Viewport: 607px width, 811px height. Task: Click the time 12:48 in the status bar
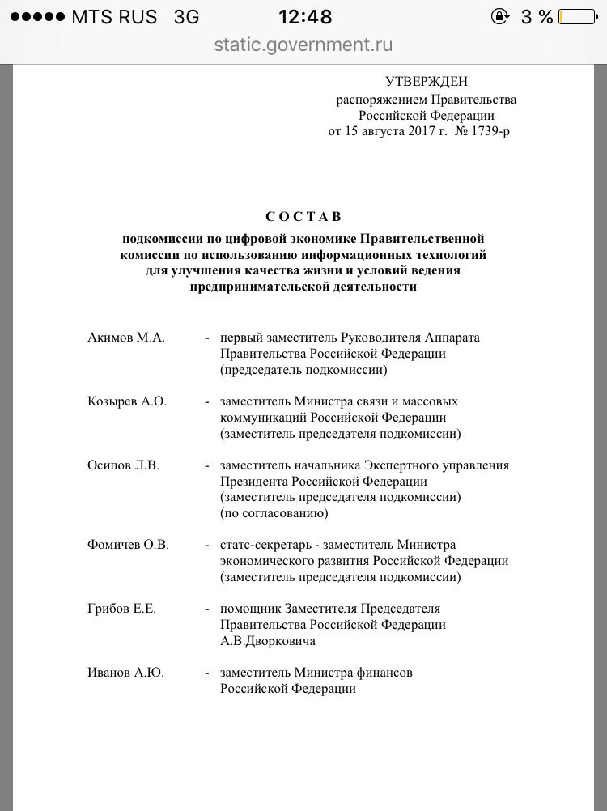point(305,17)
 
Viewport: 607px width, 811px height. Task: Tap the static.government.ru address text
point(303,45)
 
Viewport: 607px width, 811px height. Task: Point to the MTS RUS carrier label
point(114,17)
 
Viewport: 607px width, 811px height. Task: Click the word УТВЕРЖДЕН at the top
point(427,81)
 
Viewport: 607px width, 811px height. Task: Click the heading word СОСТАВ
point(303,216)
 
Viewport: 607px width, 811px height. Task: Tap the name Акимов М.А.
point(125,338)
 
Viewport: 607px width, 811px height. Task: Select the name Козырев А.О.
point(127,401)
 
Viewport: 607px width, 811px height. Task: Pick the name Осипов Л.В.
point(125,465)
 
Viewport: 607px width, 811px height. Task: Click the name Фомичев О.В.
point(128,545)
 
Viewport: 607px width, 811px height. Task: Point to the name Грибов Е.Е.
point(122,609)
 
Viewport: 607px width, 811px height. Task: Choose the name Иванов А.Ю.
point(125,673)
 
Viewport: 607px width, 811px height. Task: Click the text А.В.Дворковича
point(268,641)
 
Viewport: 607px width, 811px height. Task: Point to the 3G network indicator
point(186,17)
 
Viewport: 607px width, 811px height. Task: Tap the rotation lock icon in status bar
point(500,17)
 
